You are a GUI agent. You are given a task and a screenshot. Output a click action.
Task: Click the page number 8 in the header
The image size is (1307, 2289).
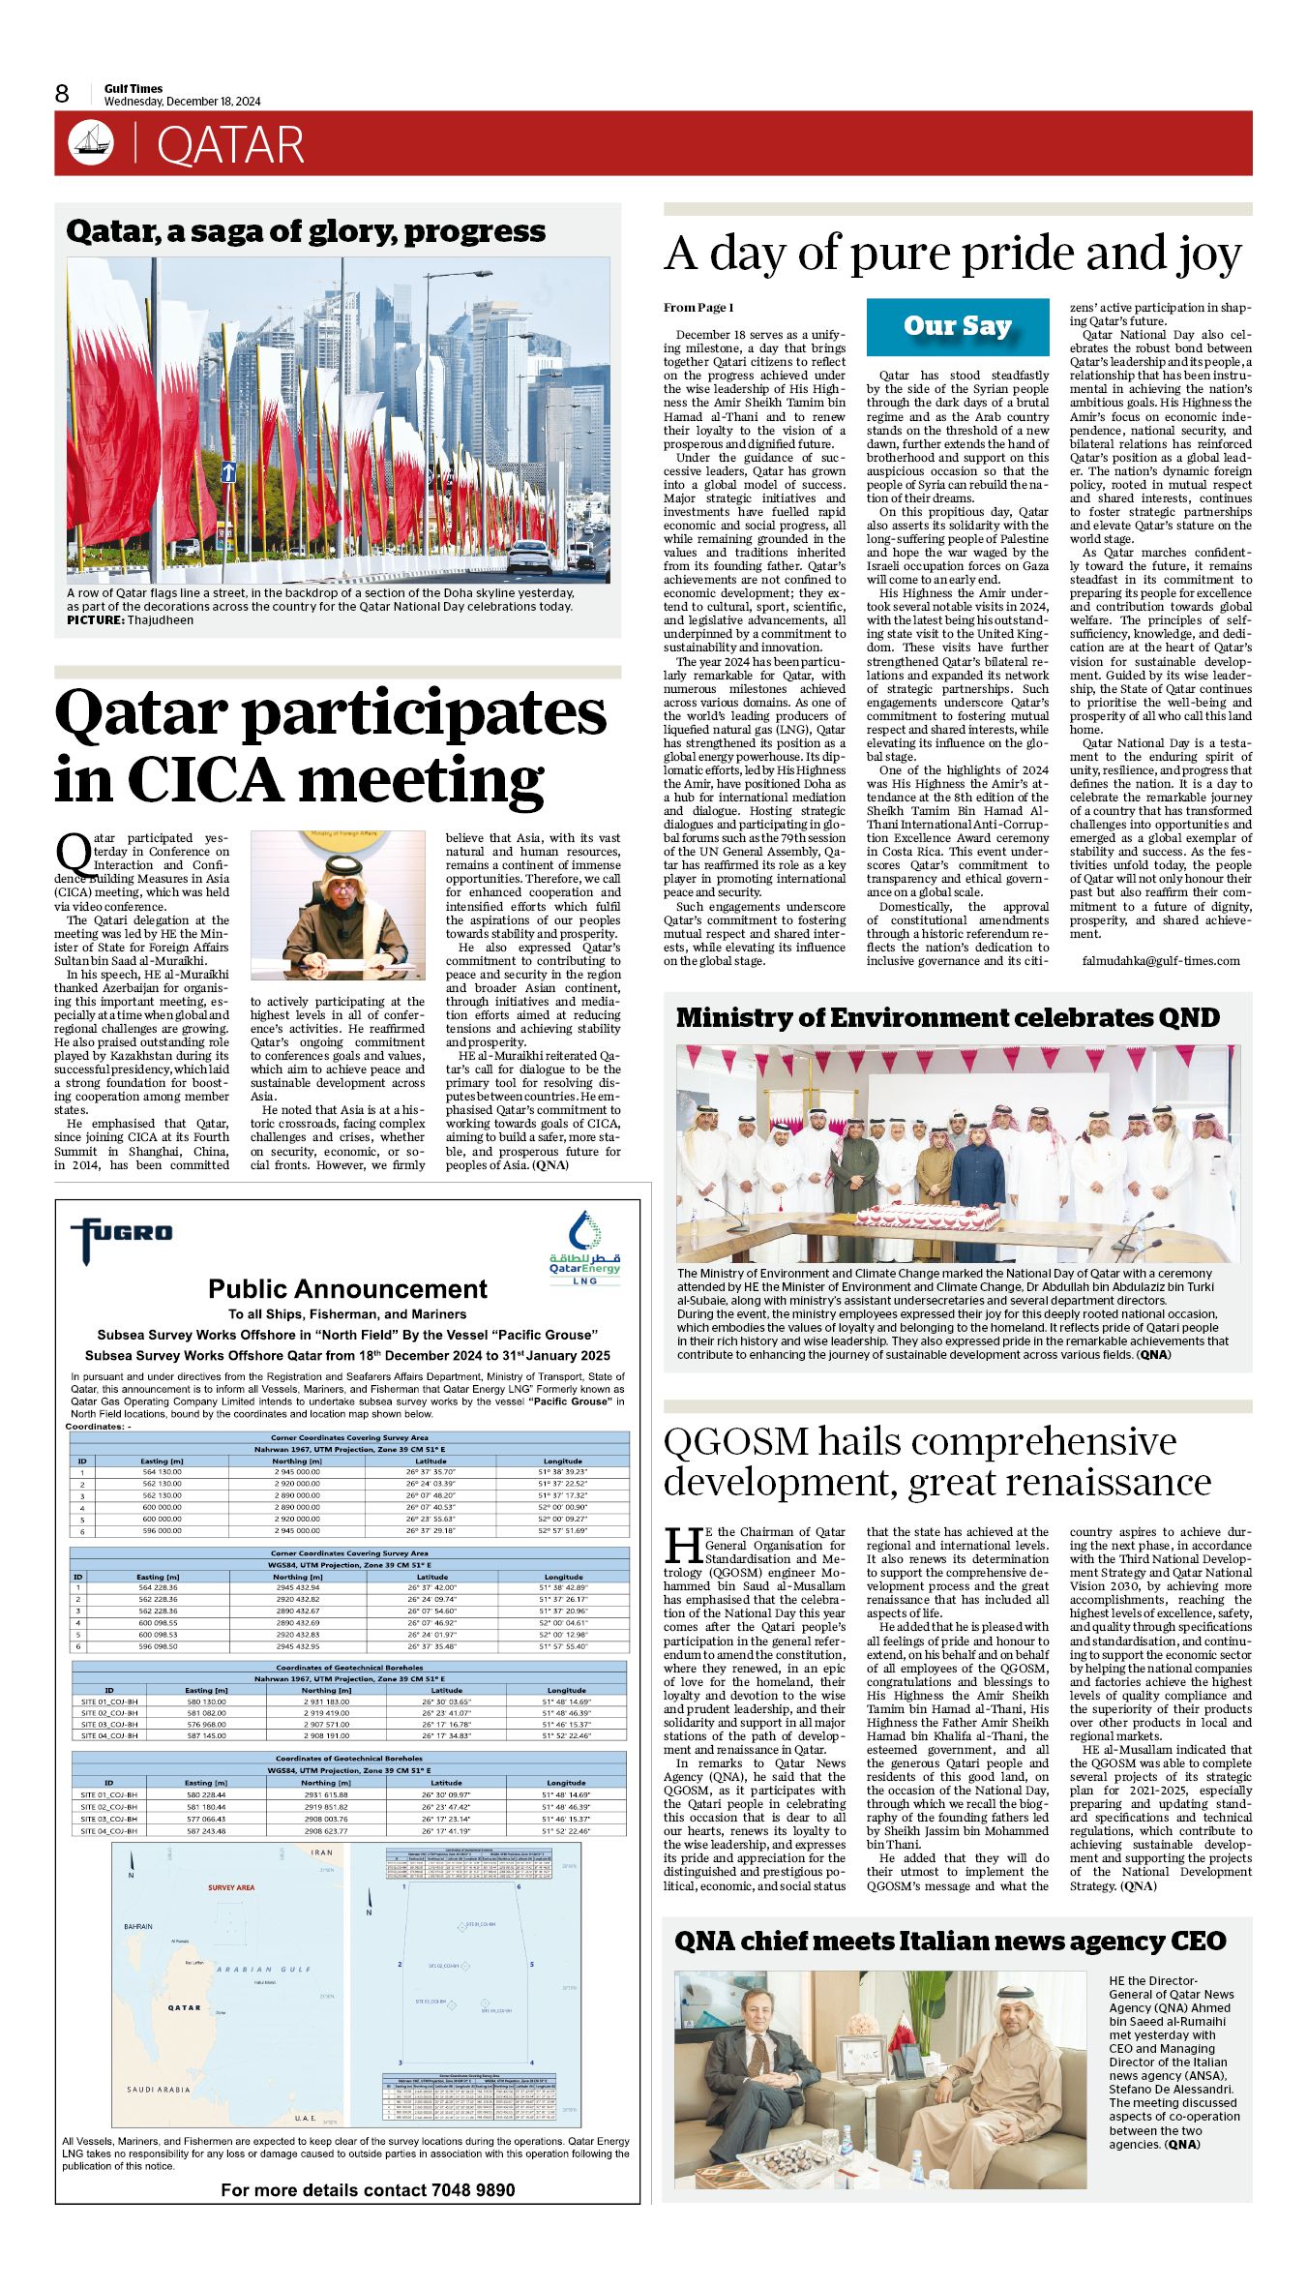pyautogui.click(x=62, y=94)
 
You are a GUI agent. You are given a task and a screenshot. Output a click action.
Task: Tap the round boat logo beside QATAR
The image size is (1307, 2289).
pyautogui.click(x=91, y=143)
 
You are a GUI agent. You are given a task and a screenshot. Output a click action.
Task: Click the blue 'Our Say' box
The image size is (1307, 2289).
pyautogui.click(x=957, y=326)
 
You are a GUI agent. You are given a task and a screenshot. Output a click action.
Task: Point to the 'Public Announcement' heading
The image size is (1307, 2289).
pyautogui.click(x=347, y=1289)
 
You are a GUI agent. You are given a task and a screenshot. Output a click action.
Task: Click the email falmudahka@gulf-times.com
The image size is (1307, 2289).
pyautogui.click(x=1160, y=960)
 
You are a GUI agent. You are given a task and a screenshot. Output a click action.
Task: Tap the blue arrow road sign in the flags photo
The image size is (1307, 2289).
pyautogui.click(x=228, y=471)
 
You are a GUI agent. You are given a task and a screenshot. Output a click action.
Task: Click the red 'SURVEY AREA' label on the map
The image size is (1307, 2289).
pyautogui.click(x=231, y=1887)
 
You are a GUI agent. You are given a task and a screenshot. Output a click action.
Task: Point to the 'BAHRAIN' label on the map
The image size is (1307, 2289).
pyautogui.click(x=138, y=1926)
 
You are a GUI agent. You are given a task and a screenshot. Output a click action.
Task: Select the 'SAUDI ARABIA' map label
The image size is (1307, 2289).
pyautogui.click(x=159, y=2090)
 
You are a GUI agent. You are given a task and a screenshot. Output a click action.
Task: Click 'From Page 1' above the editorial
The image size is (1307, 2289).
pyautogui.click(x=698, y=308)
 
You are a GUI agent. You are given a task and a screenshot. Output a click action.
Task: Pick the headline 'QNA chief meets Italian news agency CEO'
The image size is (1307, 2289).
pyautogui.click(x=950, y=1941)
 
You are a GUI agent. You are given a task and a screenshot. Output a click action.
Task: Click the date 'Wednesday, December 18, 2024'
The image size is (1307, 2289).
pyautogui.click(x=182, y=102)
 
